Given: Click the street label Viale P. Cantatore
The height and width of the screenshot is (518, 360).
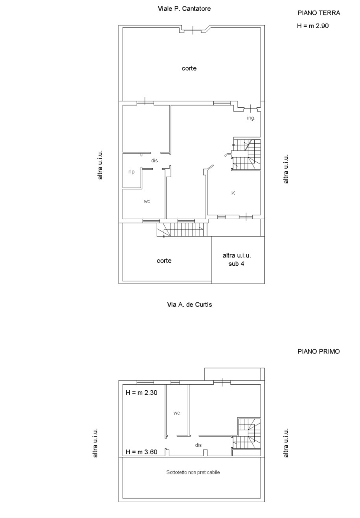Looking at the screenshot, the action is [184, 9].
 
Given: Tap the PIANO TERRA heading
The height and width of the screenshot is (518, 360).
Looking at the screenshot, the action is [319, 13].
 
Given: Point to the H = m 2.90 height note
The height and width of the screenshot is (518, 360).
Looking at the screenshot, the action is [313, 26].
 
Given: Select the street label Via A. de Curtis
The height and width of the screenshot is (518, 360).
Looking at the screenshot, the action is [189, 305].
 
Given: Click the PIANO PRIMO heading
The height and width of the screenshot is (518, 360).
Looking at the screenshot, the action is [319, 351].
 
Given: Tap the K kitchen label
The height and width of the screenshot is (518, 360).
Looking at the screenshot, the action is [233, 193].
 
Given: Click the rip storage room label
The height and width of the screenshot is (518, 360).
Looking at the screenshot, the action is [131, 172].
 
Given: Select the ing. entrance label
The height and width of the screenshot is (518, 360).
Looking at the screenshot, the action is [251, 118].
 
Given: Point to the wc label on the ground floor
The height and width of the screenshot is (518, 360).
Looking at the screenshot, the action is [147, 201].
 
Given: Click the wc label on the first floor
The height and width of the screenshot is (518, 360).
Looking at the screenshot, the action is [176, 413].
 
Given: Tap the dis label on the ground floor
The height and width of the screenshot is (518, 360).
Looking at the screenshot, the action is [154, 160].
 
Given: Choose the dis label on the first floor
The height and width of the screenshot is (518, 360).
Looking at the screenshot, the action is [198, 445].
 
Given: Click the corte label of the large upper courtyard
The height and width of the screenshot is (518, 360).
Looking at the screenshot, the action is [189, 68].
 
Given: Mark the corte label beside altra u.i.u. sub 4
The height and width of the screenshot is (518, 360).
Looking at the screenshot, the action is [164, 261].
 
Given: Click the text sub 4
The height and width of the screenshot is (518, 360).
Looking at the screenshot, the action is [236, 264].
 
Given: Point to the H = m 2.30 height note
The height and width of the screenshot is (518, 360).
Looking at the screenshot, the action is [141, 393].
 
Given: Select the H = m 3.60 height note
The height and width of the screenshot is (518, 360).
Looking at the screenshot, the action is [141, 452].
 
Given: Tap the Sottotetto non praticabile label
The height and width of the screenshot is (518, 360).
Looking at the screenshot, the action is [193, 472].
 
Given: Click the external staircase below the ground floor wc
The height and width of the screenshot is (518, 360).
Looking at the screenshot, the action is [182, 230].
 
